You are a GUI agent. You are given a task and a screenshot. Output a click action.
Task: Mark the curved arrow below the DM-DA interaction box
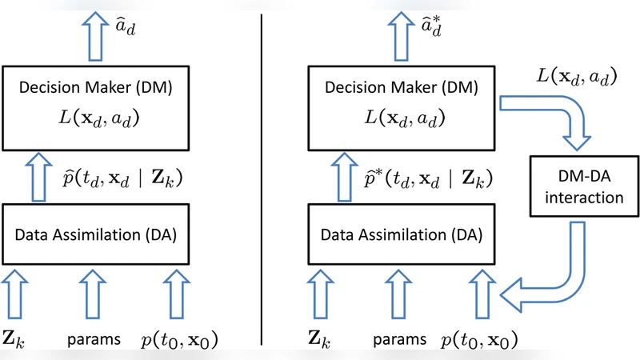coord(552,276)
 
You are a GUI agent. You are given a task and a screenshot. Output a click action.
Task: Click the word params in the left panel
coord(93,339)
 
